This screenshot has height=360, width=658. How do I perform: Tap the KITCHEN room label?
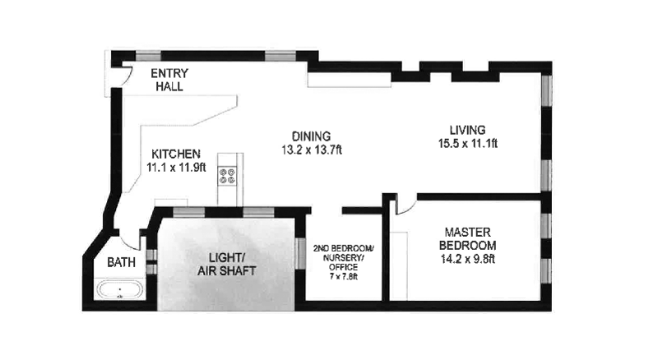[x=174, y=154]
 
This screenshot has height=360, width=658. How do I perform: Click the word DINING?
[x=311, y=136]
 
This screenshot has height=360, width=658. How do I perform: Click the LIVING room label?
[x=467, y=130]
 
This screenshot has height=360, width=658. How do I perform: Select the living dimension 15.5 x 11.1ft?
[x=467, y=143]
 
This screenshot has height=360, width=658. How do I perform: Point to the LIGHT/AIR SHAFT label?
[x=227, y=264]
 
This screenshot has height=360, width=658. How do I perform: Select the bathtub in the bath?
[x=120, y=290]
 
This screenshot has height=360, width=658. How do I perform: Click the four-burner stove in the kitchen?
[x=227, y=176]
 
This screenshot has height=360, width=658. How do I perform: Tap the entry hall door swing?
[x=124, y=72]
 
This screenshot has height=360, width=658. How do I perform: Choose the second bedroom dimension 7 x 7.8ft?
[x=344, y=275]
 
